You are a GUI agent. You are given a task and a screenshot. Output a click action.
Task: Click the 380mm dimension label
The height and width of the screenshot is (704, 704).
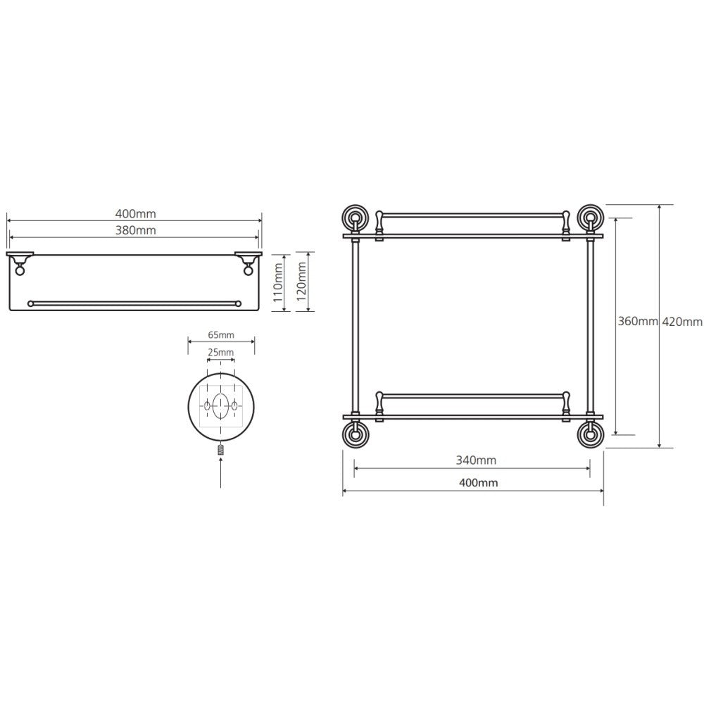pos(136,230)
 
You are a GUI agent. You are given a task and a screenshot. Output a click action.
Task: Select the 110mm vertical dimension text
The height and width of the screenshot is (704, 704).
pos(278,282)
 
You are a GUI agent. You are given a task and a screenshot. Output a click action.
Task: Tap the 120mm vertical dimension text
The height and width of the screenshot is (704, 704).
pos(301,282)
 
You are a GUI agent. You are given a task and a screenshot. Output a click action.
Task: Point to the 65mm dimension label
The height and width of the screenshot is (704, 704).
pos(221,335)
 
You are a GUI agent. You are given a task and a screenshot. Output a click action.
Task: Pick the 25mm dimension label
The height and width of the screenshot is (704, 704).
pos(220,353)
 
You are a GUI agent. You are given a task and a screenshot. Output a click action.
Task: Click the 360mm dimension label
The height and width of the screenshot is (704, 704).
pos(638,322)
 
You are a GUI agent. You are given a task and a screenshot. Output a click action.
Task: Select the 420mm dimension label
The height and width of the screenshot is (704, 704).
pos(682,322)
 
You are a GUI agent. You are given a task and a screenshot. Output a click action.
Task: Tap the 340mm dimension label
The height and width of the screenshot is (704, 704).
pos(476,460)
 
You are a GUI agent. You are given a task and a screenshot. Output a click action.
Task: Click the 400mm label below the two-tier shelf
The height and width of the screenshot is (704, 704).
pos(478,483)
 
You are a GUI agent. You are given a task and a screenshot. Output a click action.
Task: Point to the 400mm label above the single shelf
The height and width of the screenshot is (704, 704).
pos(136,214)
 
